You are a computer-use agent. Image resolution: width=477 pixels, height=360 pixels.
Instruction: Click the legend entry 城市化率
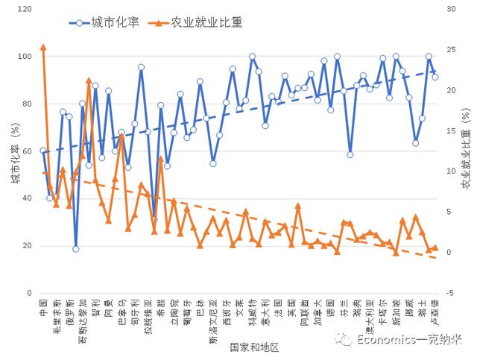pos(116,23)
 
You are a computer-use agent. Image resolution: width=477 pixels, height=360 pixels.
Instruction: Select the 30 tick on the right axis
pos(452,10)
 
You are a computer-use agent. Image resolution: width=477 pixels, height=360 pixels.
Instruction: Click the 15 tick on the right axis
pos(452,131)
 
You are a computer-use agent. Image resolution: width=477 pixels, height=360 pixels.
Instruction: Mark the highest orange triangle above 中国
pos(43,47)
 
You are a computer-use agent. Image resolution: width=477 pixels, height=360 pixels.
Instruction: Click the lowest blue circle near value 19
pos(76,249)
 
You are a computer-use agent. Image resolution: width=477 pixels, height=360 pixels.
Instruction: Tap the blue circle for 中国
pos(43,151)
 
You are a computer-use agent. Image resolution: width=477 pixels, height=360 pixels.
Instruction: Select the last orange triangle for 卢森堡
pos(435,247)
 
